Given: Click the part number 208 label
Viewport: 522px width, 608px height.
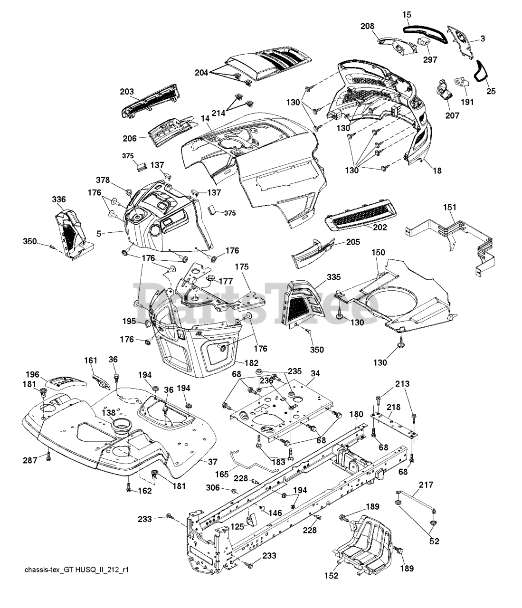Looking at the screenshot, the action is pyautogui.click(x=368, y=26).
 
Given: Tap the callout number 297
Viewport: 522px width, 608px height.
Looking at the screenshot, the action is pyautogui.click(x=430, y=59).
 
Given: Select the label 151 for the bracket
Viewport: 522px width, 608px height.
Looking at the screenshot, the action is pyautogui.click(x=450, y=208).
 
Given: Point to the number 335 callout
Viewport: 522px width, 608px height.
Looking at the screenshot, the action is pyautogui.click(x=334, y=277).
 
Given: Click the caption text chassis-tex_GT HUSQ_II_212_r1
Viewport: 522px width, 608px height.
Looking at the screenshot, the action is pyautogui.click(x=77, y=570).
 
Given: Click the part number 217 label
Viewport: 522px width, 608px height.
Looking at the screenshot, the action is pyautogui.click(x=426, y=484).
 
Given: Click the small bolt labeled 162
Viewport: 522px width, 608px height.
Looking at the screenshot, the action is pyautogui.click(x=129, y=487).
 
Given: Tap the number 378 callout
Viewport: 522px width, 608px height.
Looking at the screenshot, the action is pyautogui.click(x=103, y=180).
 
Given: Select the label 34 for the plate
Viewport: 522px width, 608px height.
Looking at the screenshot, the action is pyautogui.click(x=315, y=373).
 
